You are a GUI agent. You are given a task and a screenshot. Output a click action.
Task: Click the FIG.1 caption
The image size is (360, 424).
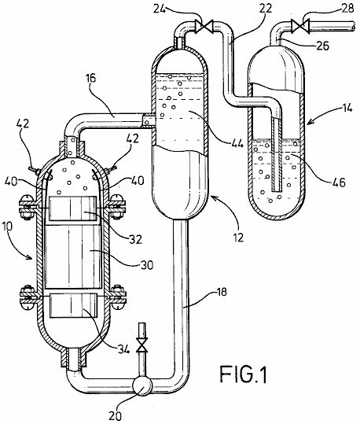pyautogui.click(x=244, y=374)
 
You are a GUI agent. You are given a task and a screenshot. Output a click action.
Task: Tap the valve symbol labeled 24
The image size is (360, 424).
pyautogui.click(x=204, y=26)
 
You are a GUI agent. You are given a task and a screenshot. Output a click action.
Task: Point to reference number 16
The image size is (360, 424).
pyautogui.click(x=91, y=79)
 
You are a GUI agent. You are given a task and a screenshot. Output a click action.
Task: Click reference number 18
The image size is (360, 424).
pyautogui.click(x=222, y=293)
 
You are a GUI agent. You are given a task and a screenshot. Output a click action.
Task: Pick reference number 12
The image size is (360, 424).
pyautogui.click(x=238, y=237)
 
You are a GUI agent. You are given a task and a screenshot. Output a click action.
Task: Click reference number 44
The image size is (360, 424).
pyautogui.click(x=237, y=143)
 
